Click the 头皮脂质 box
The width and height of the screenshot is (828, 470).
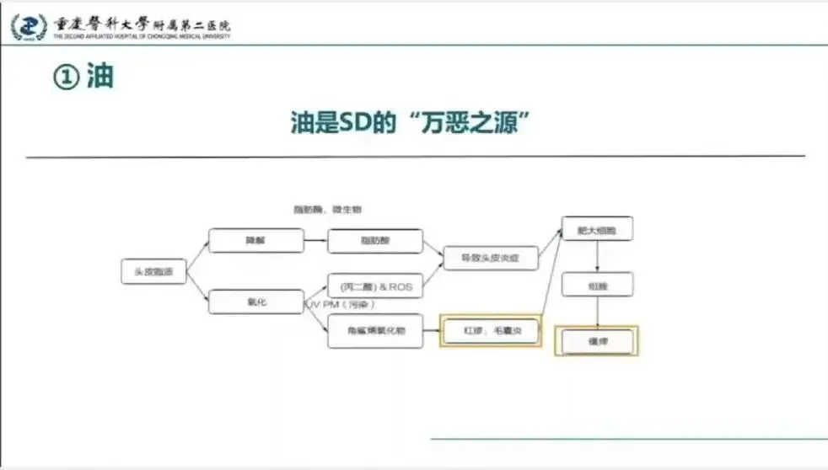pos(153,271)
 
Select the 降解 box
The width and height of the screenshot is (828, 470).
pos(255,241)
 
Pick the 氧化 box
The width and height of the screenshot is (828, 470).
pos(255,302)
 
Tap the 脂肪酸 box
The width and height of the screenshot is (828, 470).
pos(375,241)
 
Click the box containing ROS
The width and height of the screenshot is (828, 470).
pos(375,286)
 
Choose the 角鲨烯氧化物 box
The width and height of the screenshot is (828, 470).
pos(375,331)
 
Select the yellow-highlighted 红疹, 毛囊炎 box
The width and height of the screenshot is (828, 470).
pos(491,331)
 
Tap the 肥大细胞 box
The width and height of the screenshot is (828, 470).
pos(597,229)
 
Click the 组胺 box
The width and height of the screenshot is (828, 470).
pos(597,285)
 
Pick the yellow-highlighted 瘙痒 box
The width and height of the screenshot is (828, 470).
pos(597,340)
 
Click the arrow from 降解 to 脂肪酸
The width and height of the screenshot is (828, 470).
pos(315,241)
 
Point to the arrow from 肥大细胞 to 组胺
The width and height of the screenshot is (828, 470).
pos(598,257)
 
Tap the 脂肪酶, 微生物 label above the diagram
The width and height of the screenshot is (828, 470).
pos(328,209)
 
